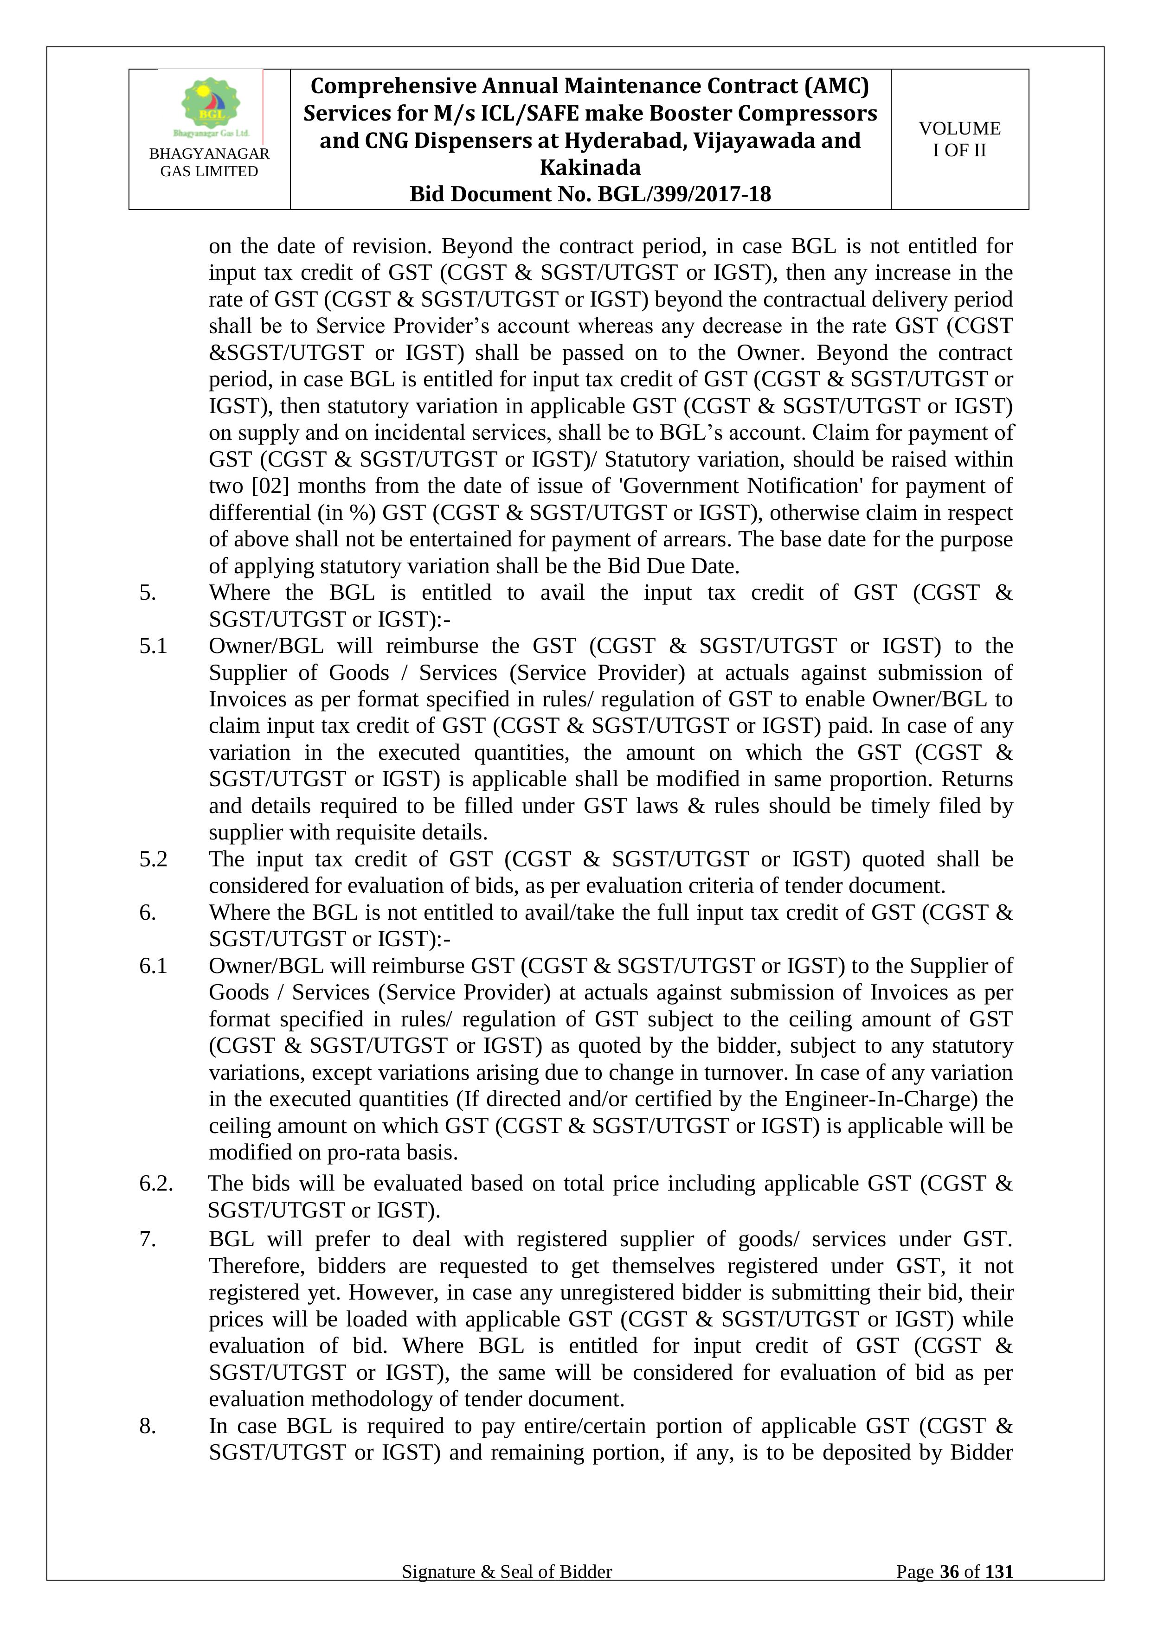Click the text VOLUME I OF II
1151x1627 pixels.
tap(960, 139)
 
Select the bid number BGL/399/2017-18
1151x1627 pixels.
tap(684, 194)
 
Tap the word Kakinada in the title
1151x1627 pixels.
tap(591, 167)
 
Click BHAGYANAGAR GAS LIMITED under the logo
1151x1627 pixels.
tap(209, 162)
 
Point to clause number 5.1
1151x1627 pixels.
tap(153, 646)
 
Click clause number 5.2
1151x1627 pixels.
tap(153, 859)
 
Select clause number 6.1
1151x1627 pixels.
tap(153, 965)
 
